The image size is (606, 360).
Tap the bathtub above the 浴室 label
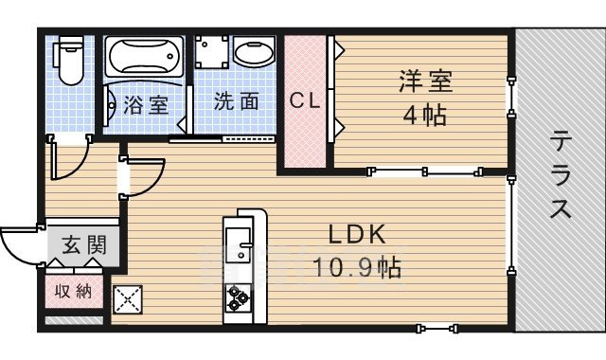(146, 59)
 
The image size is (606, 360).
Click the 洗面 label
(235, 101)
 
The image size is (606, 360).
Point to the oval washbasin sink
(253, 56)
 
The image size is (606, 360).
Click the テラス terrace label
(561, 176)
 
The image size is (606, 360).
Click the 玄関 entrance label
(84, 244)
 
